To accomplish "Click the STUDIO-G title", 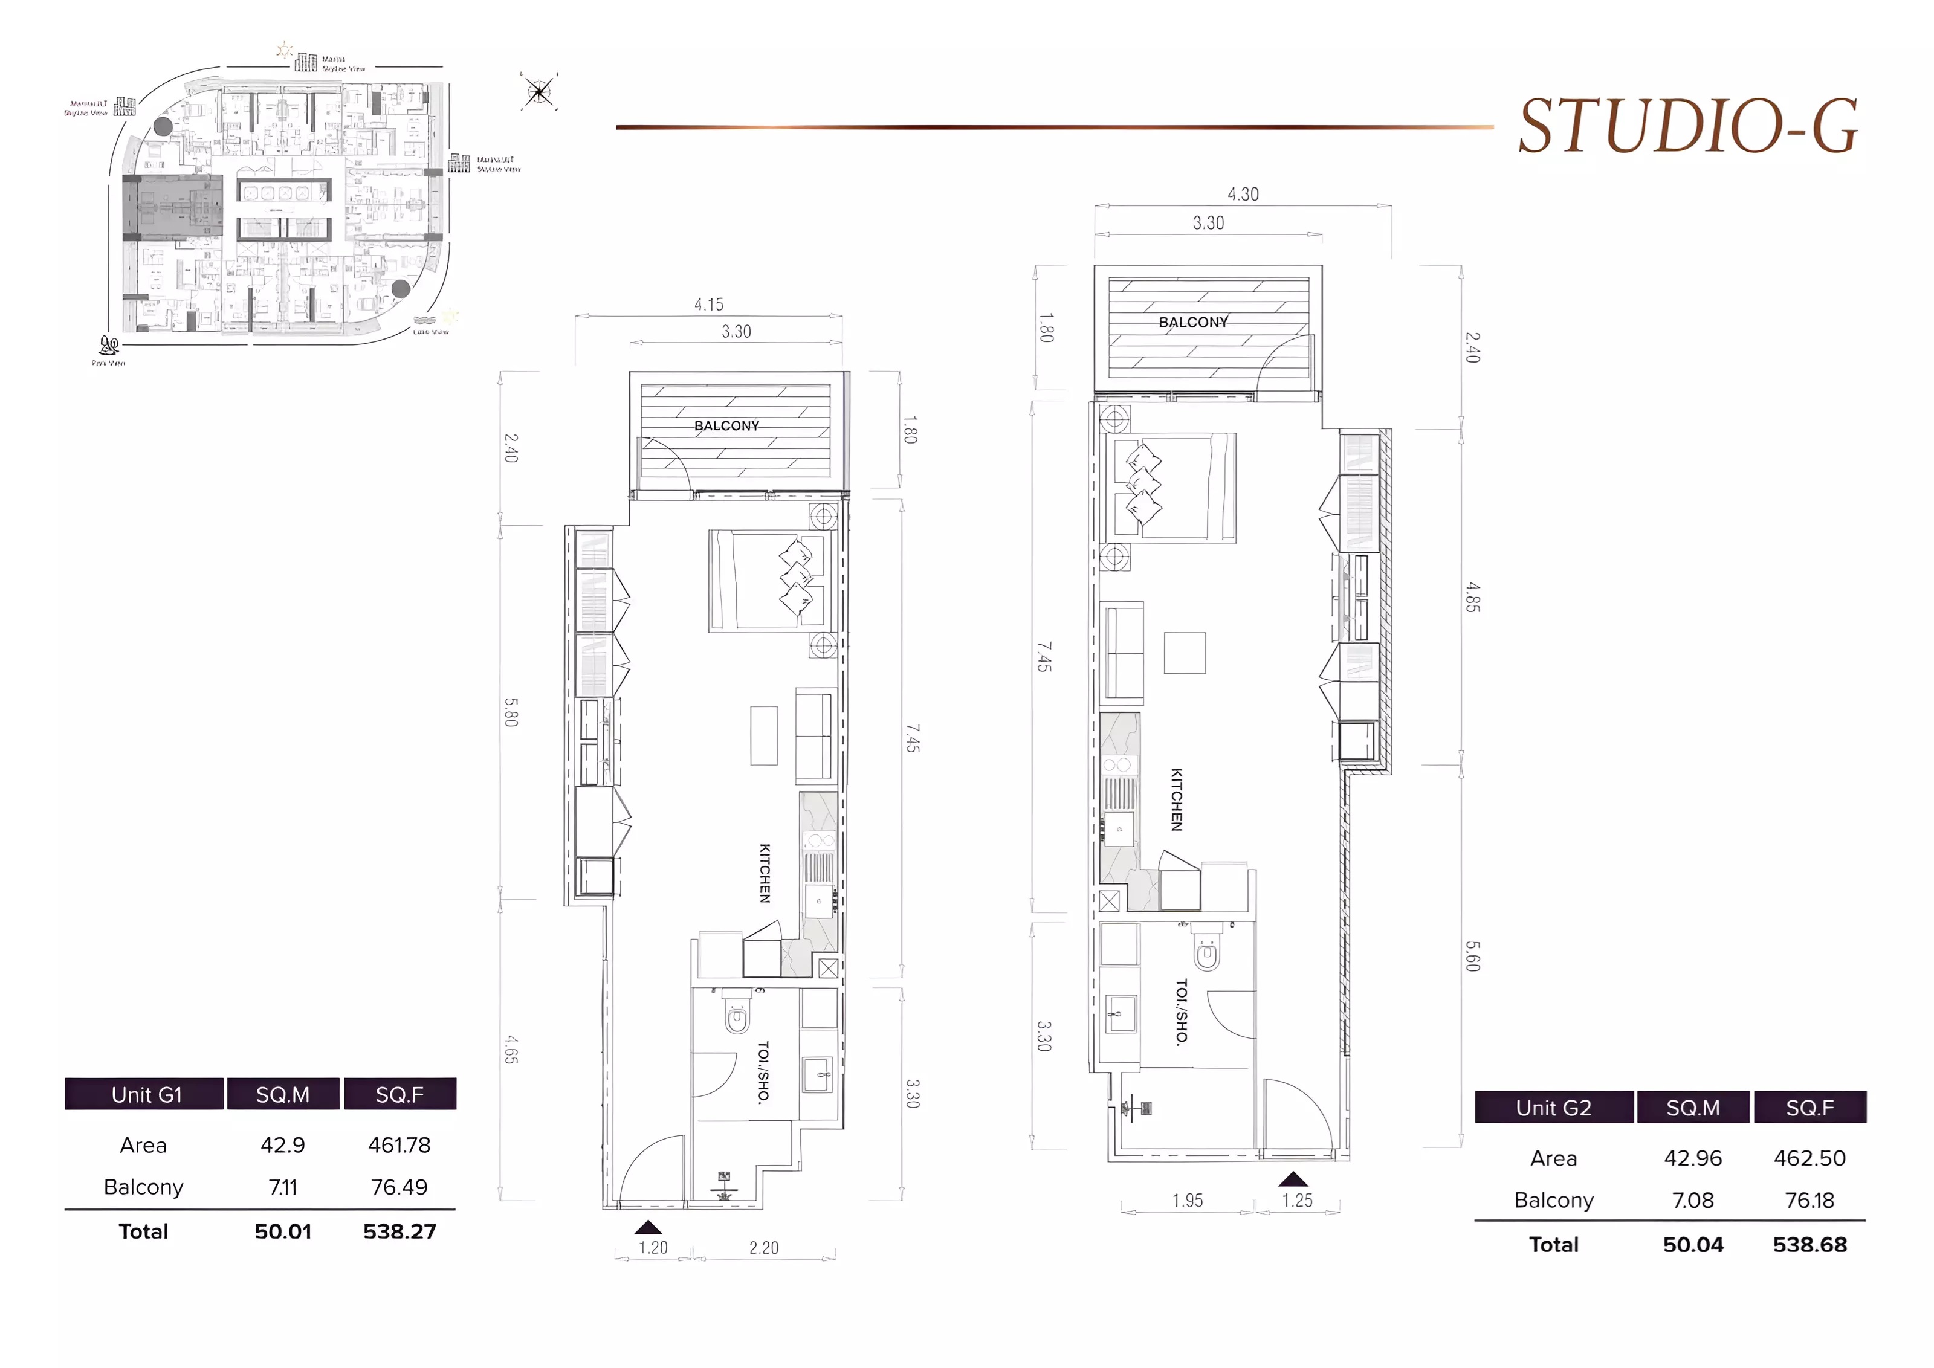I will pos(1687,126).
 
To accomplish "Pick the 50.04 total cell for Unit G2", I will pos(1692,1244).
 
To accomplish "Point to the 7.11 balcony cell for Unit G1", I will pos(282,1187).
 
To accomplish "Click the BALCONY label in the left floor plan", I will pos(726,425).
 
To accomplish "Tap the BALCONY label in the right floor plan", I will pos(1193,322).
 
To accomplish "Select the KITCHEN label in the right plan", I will pos(1177,799).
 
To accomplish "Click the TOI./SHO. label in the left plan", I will pos(763,1071).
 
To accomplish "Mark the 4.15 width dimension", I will pos(708,304).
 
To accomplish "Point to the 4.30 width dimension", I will pos(1243,194).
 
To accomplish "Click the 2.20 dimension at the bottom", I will pos(763,1248).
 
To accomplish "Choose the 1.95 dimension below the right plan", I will pos(1187,1201).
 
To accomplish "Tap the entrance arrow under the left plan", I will pos(648,1227).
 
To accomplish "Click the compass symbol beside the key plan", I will pos(538,91).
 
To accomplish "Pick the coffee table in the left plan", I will pos(763,735).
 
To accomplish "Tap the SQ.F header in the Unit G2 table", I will pos(1809,1107).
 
